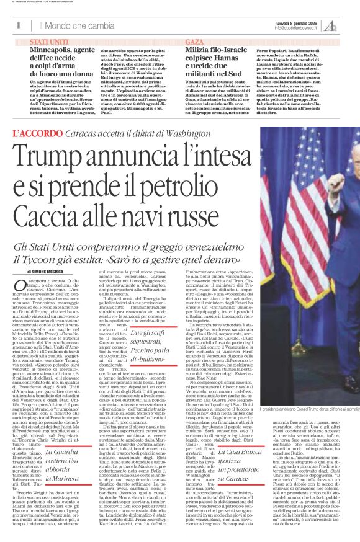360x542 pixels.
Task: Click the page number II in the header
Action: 19,25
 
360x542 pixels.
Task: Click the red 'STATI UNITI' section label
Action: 49,40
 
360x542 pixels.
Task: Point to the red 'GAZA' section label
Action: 194,40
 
